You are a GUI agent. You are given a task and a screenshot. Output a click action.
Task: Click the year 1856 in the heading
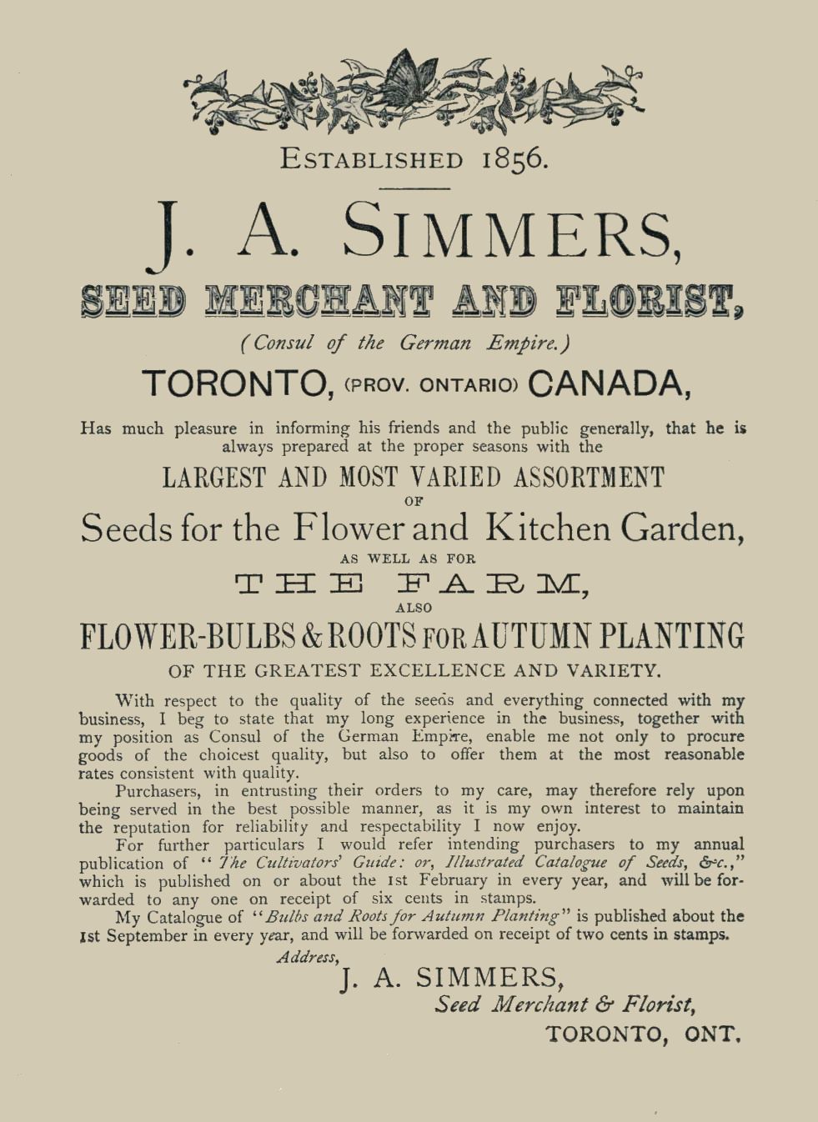[514, 158]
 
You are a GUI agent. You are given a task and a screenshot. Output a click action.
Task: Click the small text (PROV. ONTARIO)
[432, 385]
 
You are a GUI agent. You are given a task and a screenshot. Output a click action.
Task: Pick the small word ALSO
[414, 608]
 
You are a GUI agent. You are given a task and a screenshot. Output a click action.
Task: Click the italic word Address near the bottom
[307, 957]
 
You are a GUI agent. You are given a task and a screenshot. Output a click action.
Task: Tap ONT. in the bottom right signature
[712, 1034]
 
